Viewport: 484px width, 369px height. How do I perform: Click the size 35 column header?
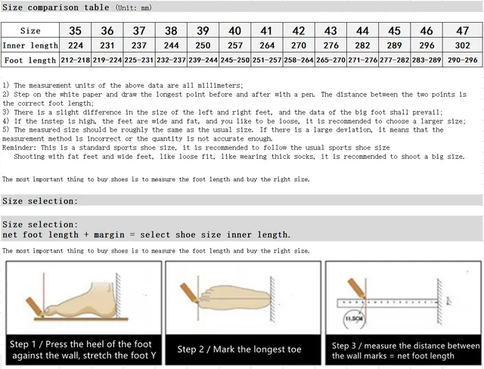pyautogui.click(x=76, y=31)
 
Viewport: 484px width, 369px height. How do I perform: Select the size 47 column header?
pyautogui.click(x=463, y=31)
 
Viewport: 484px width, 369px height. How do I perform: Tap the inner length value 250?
pyautogui.click(x=203, y=45)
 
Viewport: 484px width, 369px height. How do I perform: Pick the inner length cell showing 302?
pyautogui.click(x=463, y=45)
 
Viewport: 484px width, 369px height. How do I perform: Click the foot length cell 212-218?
pyautogui.click(x=76, y=60)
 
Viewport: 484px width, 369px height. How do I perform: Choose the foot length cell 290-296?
pyautogui.click(x=463, y=60)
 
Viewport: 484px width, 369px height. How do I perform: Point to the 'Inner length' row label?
pyautogui.click(x=29, y=45)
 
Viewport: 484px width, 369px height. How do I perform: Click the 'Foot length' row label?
pyautogui.click(x=29, y=60)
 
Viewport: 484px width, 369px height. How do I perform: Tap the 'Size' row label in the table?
pyautogui.click(x=29, y=31)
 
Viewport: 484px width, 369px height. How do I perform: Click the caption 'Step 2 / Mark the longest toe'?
pyautogui.click(x=239, y=349)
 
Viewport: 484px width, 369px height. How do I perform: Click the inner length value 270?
pyautogui.click(x=299, y=45)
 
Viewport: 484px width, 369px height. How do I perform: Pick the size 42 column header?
pyautogui.click(x=299, y=31)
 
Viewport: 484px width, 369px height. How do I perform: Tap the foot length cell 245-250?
pyautogui.click(x=235, y=60)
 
